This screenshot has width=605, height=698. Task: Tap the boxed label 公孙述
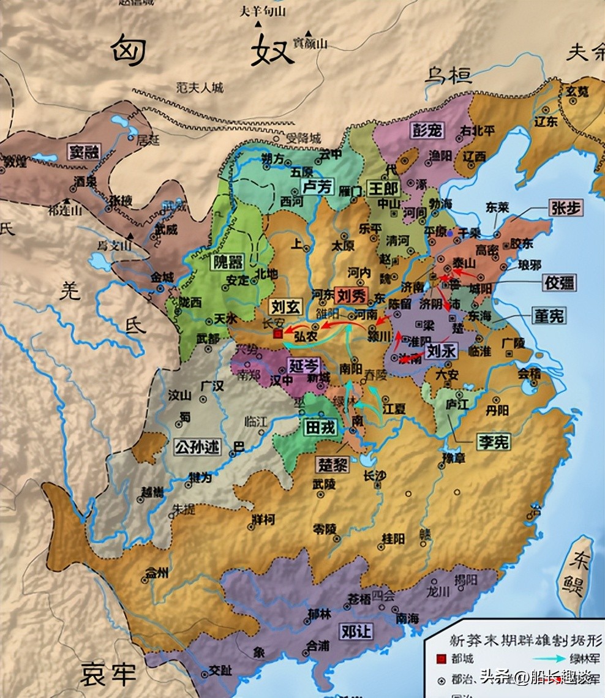click(196, 448)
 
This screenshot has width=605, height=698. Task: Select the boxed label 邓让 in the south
click(356, 631)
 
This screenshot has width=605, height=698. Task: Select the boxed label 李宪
click(494, 442)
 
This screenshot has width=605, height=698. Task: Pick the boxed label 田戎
click(320, 427)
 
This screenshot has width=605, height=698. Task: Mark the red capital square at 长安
click(278, 334)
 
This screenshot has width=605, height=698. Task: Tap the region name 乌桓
click(449, 75)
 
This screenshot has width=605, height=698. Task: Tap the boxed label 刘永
click(442, 351)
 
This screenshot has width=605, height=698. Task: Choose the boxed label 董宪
click(548, 315)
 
